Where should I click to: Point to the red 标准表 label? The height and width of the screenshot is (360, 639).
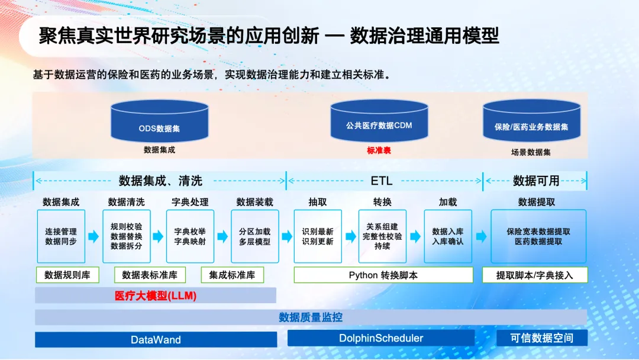[x=379, y=150]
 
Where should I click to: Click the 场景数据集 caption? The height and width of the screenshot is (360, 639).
[x=531, y=152]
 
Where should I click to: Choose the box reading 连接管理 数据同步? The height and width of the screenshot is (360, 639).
[x=61, y=236]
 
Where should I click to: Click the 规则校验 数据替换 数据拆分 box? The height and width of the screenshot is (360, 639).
[x=127, y=236]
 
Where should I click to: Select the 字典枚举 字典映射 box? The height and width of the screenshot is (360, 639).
[x=190, y=236]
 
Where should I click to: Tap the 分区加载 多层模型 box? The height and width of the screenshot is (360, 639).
[x=254, y=236]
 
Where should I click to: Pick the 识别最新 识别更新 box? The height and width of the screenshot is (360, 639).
[x=318, y=236]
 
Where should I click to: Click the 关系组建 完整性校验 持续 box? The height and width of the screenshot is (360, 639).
[x=382, y=236]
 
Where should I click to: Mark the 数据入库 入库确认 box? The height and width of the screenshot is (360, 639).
[x=448, y=236]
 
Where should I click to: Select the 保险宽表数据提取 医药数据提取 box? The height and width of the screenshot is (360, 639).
[x=538, y=236]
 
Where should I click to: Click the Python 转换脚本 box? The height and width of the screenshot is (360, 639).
[x=383, y=275]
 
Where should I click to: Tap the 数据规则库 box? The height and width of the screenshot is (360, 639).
[x=67, y=275]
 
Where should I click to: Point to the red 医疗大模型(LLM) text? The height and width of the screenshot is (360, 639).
[x=156, y=295]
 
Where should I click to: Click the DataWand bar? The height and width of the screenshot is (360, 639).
[x=156, y=340]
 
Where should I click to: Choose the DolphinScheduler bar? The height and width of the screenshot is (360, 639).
[x=381, y=339]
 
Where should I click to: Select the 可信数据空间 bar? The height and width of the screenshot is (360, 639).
[x=542, y=338]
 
